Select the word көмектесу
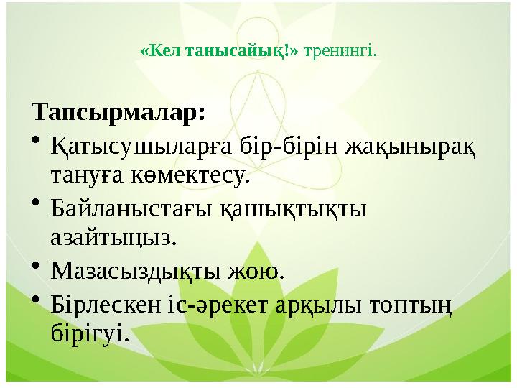pos(188,175)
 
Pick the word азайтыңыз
pos(113,237)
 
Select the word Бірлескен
pos(107,304)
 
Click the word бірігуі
pos(90,333)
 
